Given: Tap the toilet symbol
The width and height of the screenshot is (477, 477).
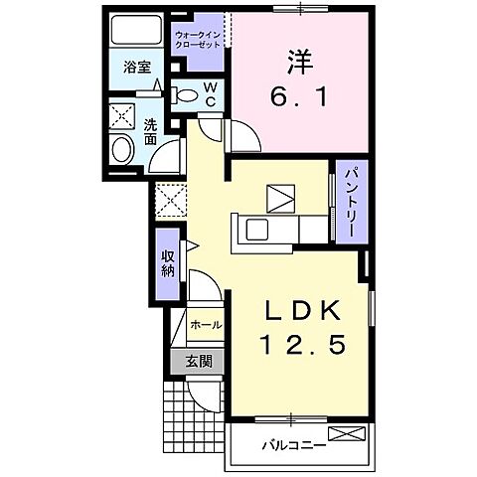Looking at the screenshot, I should coord(185,95).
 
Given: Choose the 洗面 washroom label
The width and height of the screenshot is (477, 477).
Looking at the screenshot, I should coord(150,133).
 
